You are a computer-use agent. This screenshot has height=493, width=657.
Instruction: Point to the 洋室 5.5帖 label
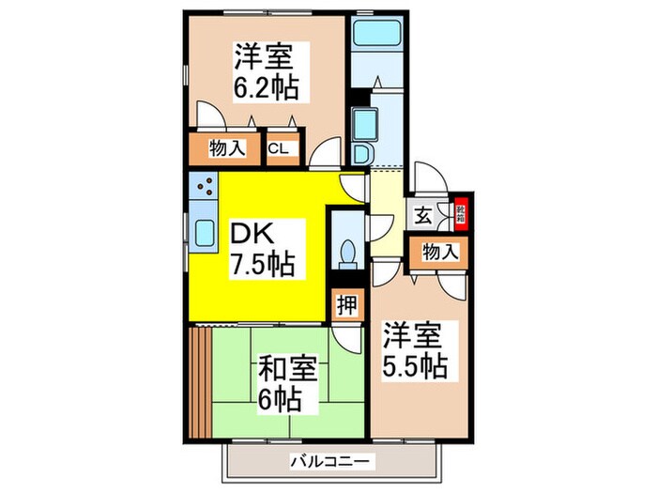tap(415, 349)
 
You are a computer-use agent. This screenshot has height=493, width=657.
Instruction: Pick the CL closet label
tap(279, 148)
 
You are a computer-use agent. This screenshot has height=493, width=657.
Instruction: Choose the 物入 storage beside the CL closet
tap(227, 148)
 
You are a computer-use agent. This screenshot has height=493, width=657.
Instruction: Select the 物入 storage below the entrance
tap(439, 252)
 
